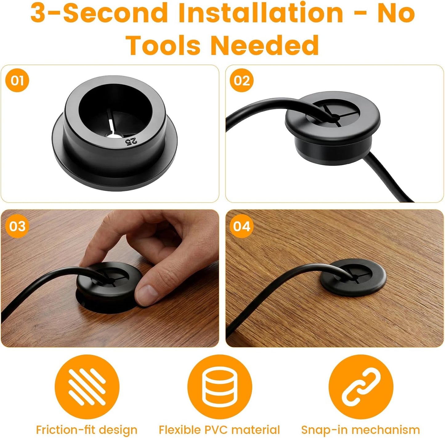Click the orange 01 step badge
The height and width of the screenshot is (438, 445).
(17, 80)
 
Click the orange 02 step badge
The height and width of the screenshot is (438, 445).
(241, 80)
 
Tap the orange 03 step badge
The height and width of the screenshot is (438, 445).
(17, 226)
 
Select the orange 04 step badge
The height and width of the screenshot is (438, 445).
(241, 226)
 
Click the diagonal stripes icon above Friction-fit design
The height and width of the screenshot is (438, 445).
(87, 387)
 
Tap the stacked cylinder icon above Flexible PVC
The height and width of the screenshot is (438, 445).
(220, 387)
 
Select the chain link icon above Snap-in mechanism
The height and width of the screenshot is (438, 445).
(361, 387)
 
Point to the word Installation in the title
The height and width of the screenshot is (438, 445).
(261, 13)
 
